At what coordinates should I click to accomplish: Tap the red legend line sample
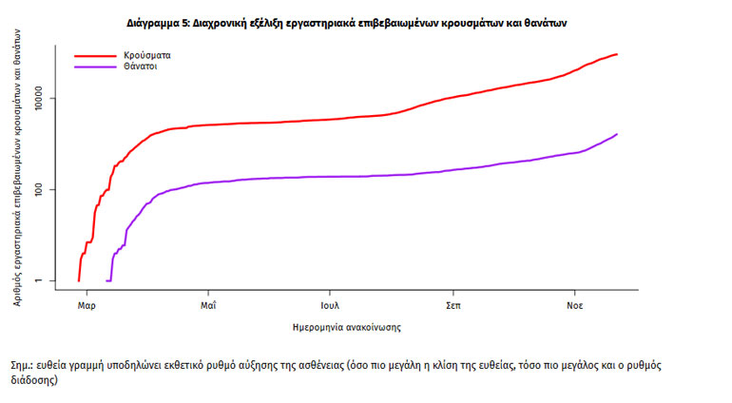point(96,56)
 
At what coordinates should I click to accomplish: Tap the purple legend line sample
point(96,67)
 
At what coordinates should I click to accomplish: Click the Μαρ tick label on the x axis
point(87,306)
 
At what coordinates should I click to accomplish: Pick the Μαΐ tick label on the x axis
point(209,306)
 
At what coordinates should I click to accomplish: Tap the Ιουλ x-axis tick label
point(329,306)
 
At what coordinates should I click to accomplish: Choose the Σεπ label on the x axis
point(453,306)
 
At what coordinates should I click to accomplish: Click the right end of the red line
point(617,54)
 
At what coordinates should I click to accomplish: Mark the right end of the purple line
point(617,134)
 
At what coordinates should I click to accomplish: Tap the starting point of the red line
point(78,280)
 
